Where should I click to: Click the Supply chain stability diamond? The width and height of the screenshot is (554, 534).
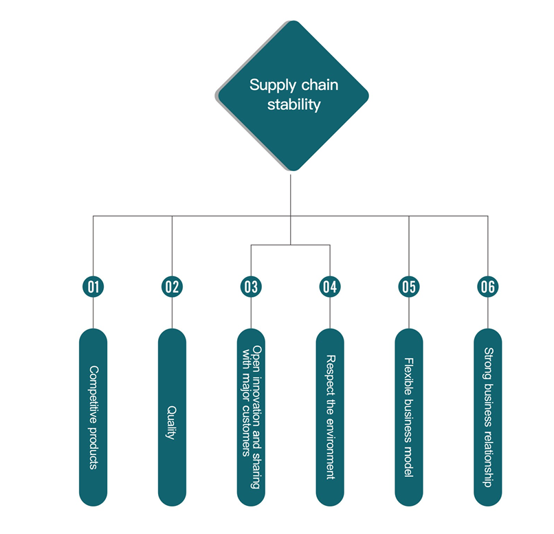293,96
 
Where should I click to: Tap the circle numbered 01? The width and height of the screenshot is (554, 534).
93,287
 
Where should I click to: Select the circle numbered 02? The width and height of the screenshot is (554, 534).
172,287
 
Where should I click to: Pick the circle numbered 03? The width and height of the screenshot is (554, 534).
251,287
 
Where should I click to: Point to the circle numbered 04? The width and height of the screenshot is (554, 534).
330,287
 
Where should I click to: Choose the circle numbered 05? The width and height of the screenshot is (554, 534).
409,287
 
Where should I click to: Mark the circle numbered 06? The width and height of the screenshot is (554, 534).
488,287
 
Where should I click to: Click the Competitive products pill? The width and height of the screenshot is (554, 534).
93,417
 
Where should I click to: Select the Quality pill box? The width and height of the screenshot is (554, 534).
172,417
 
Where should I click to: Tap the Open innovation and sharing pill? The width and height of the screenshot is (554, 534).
251,417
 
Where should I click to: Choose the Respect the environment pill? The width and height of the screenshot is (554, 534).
330,417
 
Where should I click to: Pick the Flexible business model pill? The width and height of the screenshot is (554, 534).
409,417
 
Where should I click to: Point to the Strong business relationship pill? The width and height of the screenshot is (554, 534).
488,417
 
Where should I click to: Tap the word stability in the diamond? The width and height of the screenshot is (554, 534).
294,104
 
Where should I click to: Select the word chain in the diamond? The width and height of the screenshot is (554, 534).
320,85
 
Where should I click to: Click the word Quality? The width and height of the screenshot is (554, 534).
171,423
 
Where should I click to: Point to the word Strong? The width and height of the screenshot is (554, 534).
489,364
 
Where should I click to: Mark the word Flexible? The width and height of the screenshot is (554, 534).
409,377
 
